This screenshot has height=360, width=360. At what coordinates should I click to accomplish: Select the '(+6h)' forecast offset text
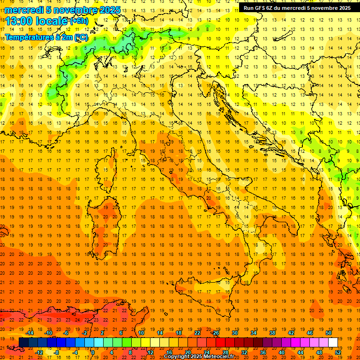[x=78, y=21]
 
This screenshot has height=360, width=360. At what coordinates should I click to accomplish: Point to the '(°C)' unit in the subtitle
[x=81, y=37]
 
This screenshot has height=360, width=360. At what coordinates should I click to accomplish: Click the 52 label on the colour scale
[x=338, y=352]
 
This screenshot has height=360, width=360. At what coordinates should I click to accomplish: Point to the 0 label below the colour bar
[x=93, y=352]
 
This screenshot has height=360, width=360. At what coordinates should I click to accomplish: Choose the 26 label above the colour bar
[x=215, y=333]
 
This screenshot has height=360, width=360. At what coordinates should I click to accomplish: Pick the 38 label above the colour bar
[x=272, y=333]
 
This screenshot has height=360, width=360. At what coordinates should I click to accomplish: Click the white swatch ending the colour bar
[x=333, y=342]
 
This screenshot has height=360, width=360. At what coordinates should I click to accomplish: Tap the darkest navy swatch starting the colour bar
[x=23, y=342]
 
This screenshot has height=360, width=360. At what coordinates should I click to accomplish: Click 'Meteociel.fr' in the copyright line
[x=219, y=357]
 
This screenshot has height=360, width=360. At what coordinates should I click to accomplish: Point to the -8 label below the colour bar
[x=56, y=352]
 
